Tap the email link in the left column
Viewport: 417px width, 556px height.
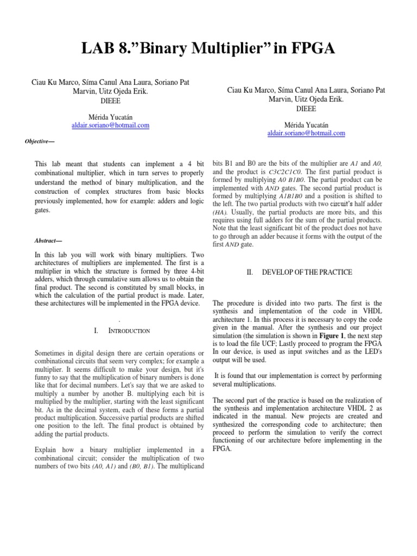click(x=111, y=125)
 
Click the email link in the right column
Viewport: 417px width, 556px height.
click(x=306, y=133)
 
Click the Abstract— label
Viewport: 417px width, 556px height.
click(x=46, y=240)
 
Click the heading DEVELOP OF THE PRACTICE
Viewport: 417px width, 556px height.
click(x=307, y=272)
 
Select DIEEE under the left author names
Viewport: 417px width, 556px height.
click(x=111, y=100)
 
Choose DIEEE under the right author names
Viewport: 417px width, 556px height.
click(x=306, y=109)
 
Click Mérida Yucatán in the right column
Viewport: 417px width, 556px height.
click(x=306, y=125)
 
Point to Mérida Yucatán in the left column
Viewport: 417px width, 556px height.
click(x=111, y=117)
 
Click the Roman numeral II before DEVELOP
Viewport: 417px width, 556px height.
click(x=250, y=272)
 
